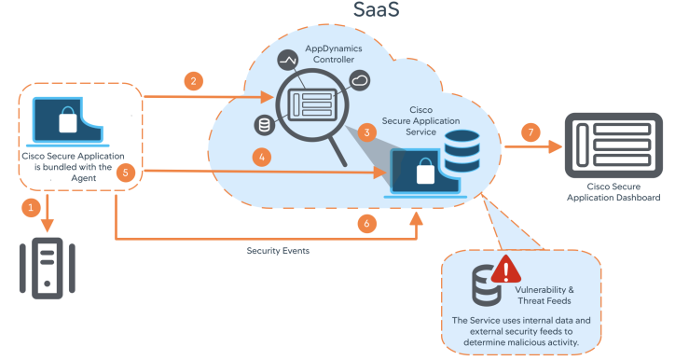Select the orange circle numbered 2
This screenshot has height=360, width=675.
[193, 80]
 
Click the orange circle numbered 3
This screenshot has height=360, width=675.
[368, 132]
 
